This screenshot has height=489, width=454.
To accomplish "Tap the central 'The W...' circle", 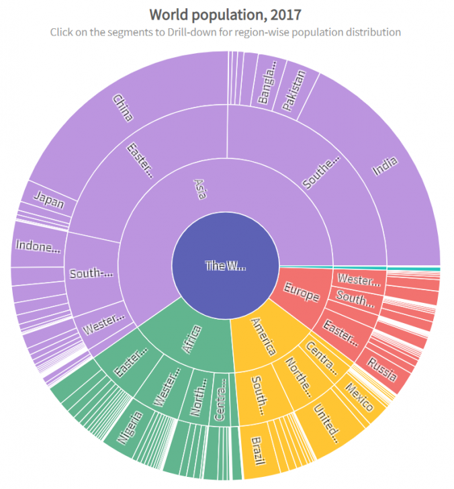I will tap(226, 266).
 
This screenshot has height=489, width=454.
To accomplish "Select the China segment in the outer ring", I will tap(124, 107).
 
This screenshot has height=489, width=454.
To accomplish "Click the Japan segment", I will tap(48, 200).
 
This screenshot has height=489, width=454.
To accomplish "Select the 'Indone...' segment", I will tap(38, 247).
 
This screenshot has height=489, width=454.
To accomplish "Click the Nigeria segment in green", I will tap(130, 427).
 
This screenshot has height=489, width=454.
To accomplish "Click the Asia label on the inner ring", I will tap(200, 189).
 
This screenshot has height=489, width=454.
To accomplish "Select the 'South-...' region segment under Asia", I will tap(93, 274).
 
